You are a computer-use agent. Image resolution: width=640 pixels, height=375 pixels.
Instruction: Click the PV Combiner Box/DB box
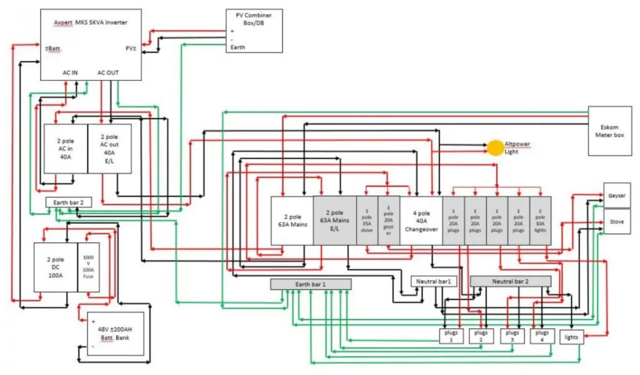coord(254,31)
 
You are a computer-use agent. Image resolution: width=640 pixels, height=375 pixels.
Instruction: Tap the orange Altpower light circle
coord(495,148)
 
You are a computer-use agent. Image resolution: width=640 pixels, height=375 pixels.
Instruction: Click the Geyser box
coord(616,196)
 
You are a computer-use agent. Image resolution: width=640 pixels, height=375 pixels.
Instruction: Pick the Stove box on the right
coord(616,222)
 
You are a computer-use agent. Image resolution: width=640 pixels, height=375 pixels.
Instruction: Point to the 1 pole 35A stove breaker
coord(367,220)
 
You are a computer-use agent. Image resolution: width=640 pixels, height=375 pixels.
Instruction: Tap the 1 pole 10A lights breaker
coord(540,220)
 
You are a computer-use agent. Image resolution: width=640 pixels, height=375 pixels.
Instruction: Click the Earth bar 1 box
coord(311,284)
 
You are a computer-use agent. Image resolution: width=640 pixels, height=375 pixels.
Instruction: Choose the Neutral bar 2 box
coord(510,281)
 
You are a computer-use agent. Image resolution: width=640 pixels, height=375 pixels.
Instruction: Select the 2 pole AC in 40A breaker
coord(65,149)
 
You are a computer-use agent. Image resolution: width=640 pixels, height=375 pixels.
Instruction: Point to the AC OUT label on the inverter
coord(108,72)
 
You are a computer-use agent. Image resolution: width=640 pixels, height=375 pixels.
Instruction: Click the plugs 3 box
coord(512,336)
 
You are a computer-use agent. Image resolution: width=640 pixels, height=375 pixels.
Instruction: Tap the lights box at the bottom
coord(572,337)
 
